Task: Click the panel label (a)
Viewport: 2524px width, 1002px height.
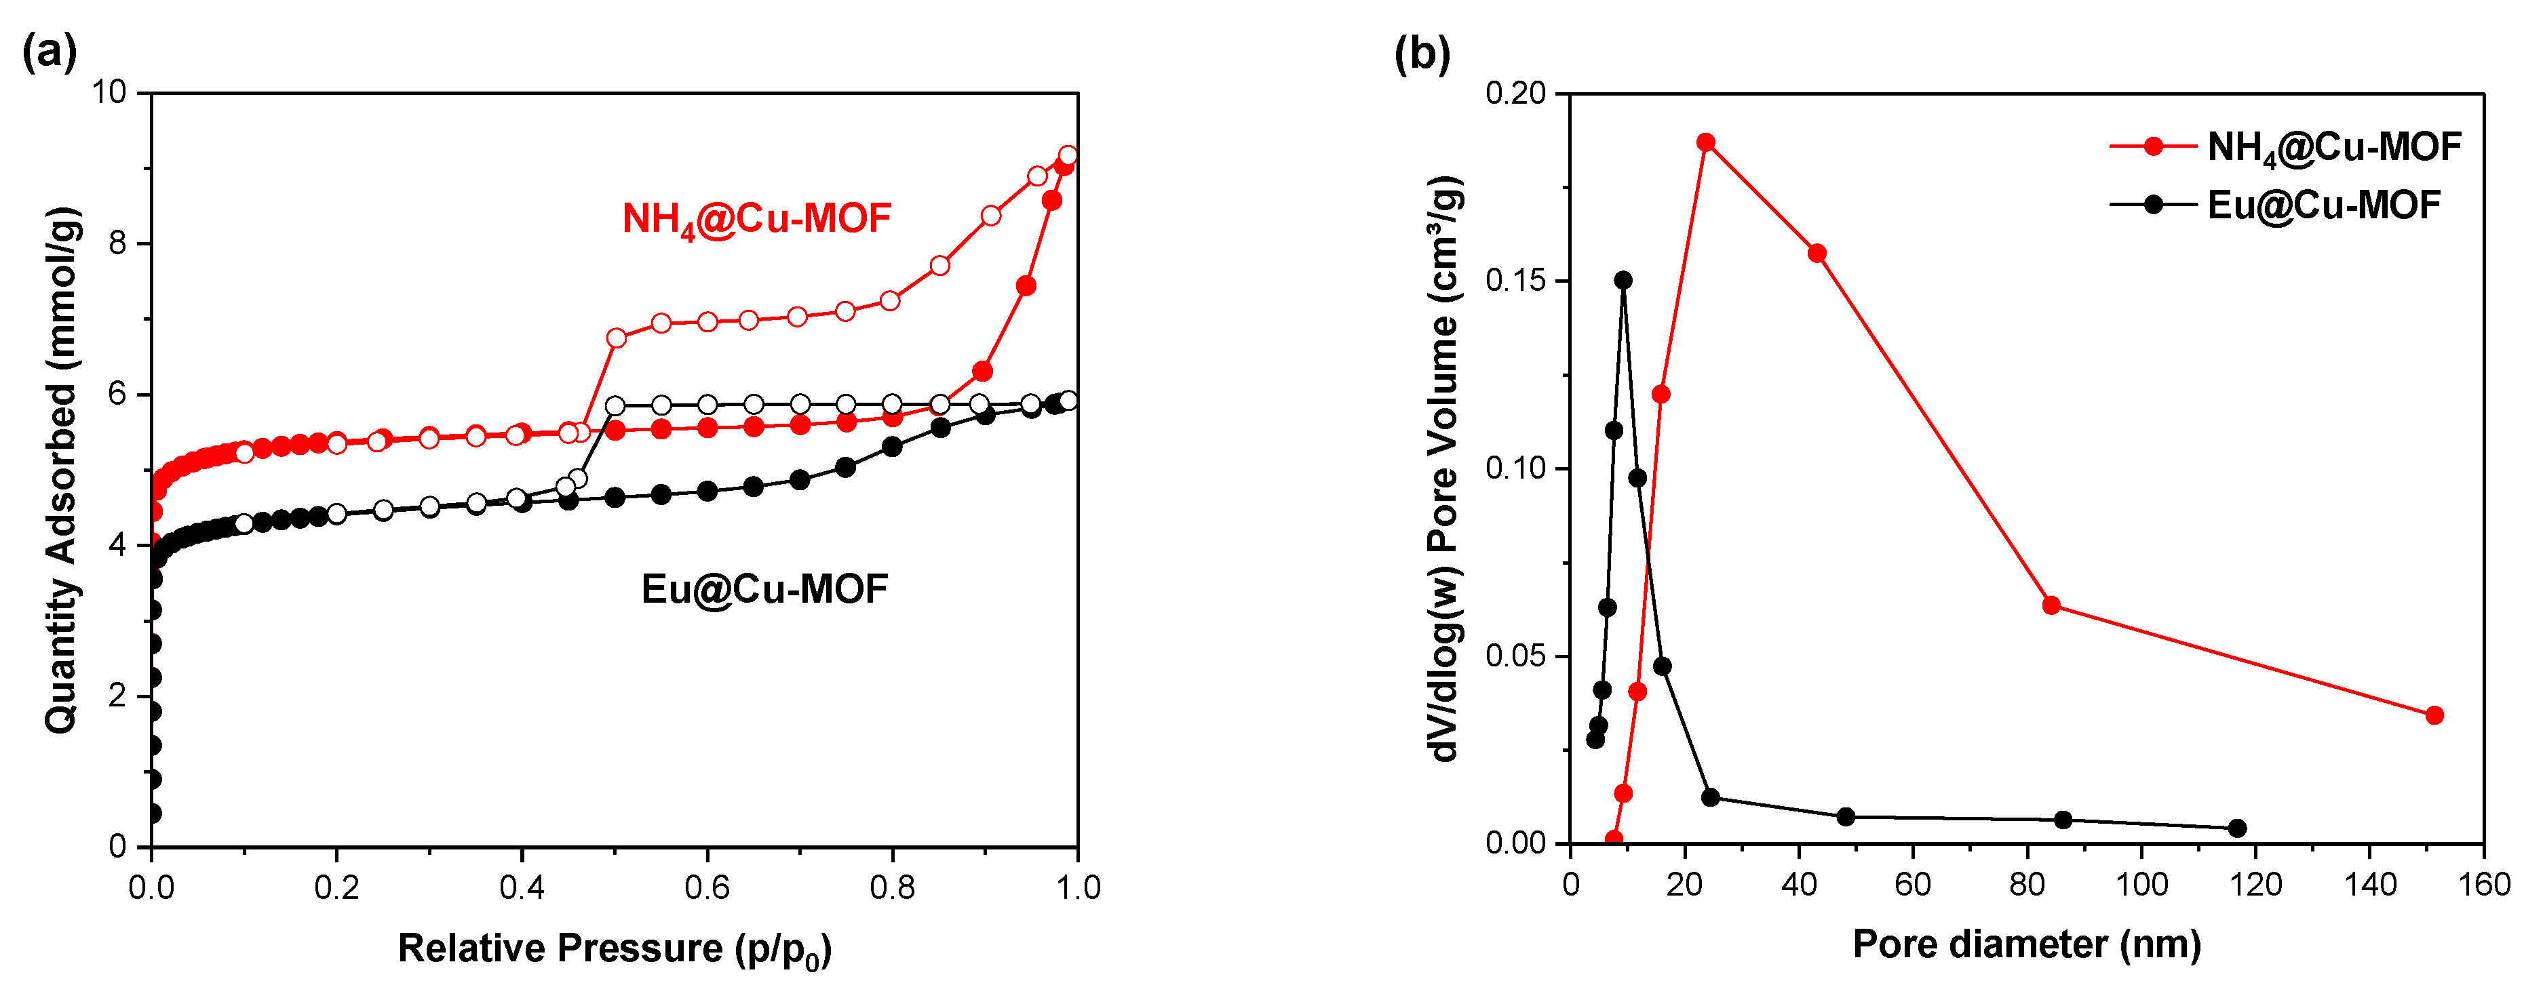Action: tap(49, 51)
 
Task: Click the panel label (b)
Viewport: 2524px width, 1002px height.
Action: tap(1422, 53)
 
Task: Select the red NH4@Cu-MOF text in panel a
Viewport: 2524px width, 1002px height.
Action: tap(756, 218)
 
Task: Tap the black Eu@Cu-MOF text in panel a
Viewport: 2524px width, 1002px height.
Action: tap(764, 588)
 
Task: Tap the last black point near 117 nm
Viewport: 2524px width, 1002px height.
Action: tap(2238, 828)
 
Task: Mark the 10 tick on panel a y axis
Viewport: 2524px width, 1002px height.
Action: tap(110, 92)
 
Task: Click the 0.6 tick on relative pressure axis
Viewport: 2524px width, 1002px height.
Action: tap(706, 888)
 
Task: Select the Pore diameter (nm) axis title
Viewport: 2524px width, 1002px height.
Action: tap(2026, 944)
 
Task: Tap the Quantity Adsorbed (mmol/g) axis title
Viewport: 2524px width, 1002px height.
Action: tap(61, 470)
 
